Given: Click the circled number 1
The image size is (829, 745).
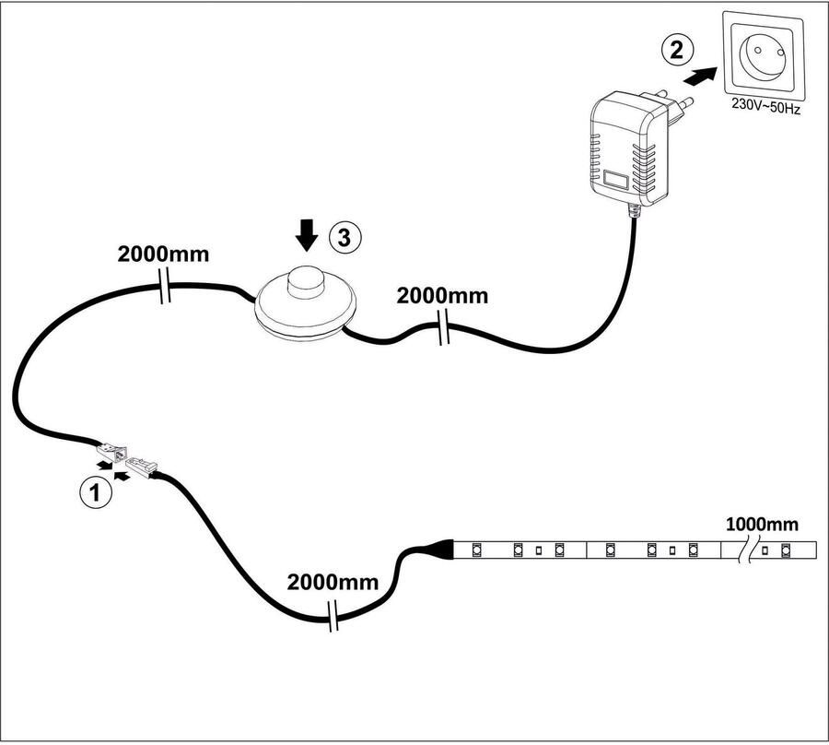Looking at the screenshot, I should point(96,492).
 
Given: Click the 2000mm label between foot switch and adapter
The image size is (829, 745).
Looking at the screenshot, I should point(442,296).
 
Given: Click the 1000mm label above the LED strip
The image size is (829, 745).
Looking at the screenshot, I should point(762,525).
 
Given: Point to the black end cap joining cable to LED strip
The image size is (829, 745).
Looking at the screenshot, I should point(442,550).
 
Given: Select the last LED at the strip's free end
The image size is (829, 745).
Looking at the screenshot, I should point(786,551).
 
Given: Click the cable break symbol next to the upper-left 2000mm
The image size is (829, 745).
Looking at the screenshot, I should point(164,288).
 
